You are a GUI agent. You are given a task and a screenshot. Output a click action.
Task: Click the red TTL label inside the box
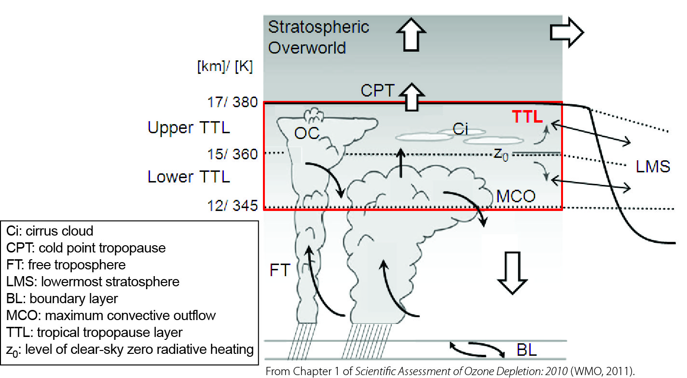[x=527, y=117]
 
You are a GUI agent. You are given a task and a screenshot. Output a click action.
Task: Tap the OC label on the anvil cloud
[x=307, y=133]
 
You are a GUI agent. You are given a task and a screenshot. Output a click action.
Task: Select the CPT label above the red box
[x=377, y=90]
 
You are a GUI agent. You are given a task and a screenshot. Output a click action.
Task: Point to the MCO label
[x=516, y=196]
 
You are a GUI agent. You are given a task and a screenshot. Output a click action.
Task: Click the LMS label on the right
[x=653, y=167]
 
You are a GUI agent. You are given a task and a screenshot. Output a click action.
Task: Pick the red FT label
[x=280, y=270]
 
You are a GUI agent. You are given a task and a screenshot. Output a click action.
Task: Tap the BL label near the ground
[x=527, y=350]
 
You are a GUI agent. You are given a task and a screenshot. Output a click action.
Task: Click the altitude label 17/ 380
[x=233, y=102]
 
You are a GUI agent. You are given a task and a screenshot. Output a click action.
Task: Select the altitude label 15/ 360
[x=233, y=154]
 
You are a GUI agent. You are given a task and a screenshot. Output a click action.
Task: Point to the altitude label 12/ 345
[x=233, y=206]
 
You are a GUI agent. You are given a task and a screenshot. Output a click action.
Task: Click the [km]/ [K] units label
[x=225, y=66]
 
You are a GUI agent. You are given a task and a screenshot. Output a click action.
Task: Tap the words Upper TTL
[x=189, y=127]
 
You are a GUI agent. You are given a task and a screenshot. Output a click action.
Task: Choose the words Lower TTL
[x=189, y=177]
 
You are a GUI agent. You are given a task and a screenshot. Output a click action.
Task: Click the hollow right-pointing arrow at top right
[x=567, y=32]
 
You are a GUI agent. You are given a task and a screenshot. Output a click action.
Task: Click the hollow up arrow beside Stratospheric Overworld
[x=411, y=34]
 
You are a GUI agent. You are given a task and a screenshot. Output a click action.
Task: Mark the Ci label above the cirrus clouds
[x=460, y=129]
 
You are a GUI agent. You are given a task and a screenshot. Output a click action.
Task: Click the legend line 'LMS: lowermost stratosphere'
[x=93, y=281]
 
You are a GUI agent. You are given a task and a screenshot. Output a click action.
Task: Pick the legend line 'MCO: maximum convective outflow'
[x=110, y=315]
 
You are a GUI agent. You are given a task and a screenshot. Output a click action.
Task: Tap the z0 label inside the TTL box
[x=501, y=154]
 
